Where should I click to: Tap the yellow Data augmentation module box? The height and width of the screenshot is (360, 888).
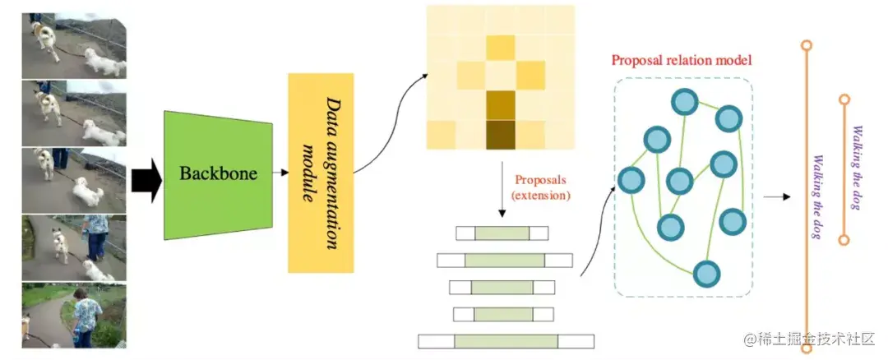(x=321, y=173)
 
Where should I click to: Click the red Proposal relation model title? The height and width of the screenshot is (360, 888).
(x=681, y=61)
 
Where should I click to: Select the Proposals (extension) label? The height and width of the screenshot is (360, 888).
(x=540, y=187)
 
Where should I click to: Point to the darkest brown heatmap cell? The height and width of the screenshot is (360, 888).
(x=500, y=135)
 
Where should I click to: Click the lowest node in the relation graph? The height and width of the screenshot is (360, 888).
(x=705, y=272)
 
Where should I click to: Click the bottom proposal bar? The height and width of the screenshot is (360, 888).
(x=506, y=341)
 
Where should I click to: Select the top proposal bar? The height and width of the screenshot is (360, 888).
(x=502, y=233)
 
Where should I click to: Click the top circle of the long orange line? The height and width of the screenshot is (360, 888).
(x=807, y=45)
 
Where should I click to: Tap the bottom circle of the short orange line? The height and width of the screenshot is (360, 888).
(x=843, y=240)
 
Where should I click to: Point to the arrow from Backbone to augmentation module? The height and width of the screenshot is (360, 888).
(x=280, y=173)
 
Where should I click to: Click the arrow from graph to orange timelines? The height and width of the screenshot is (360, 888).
(x=775, y=197)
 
